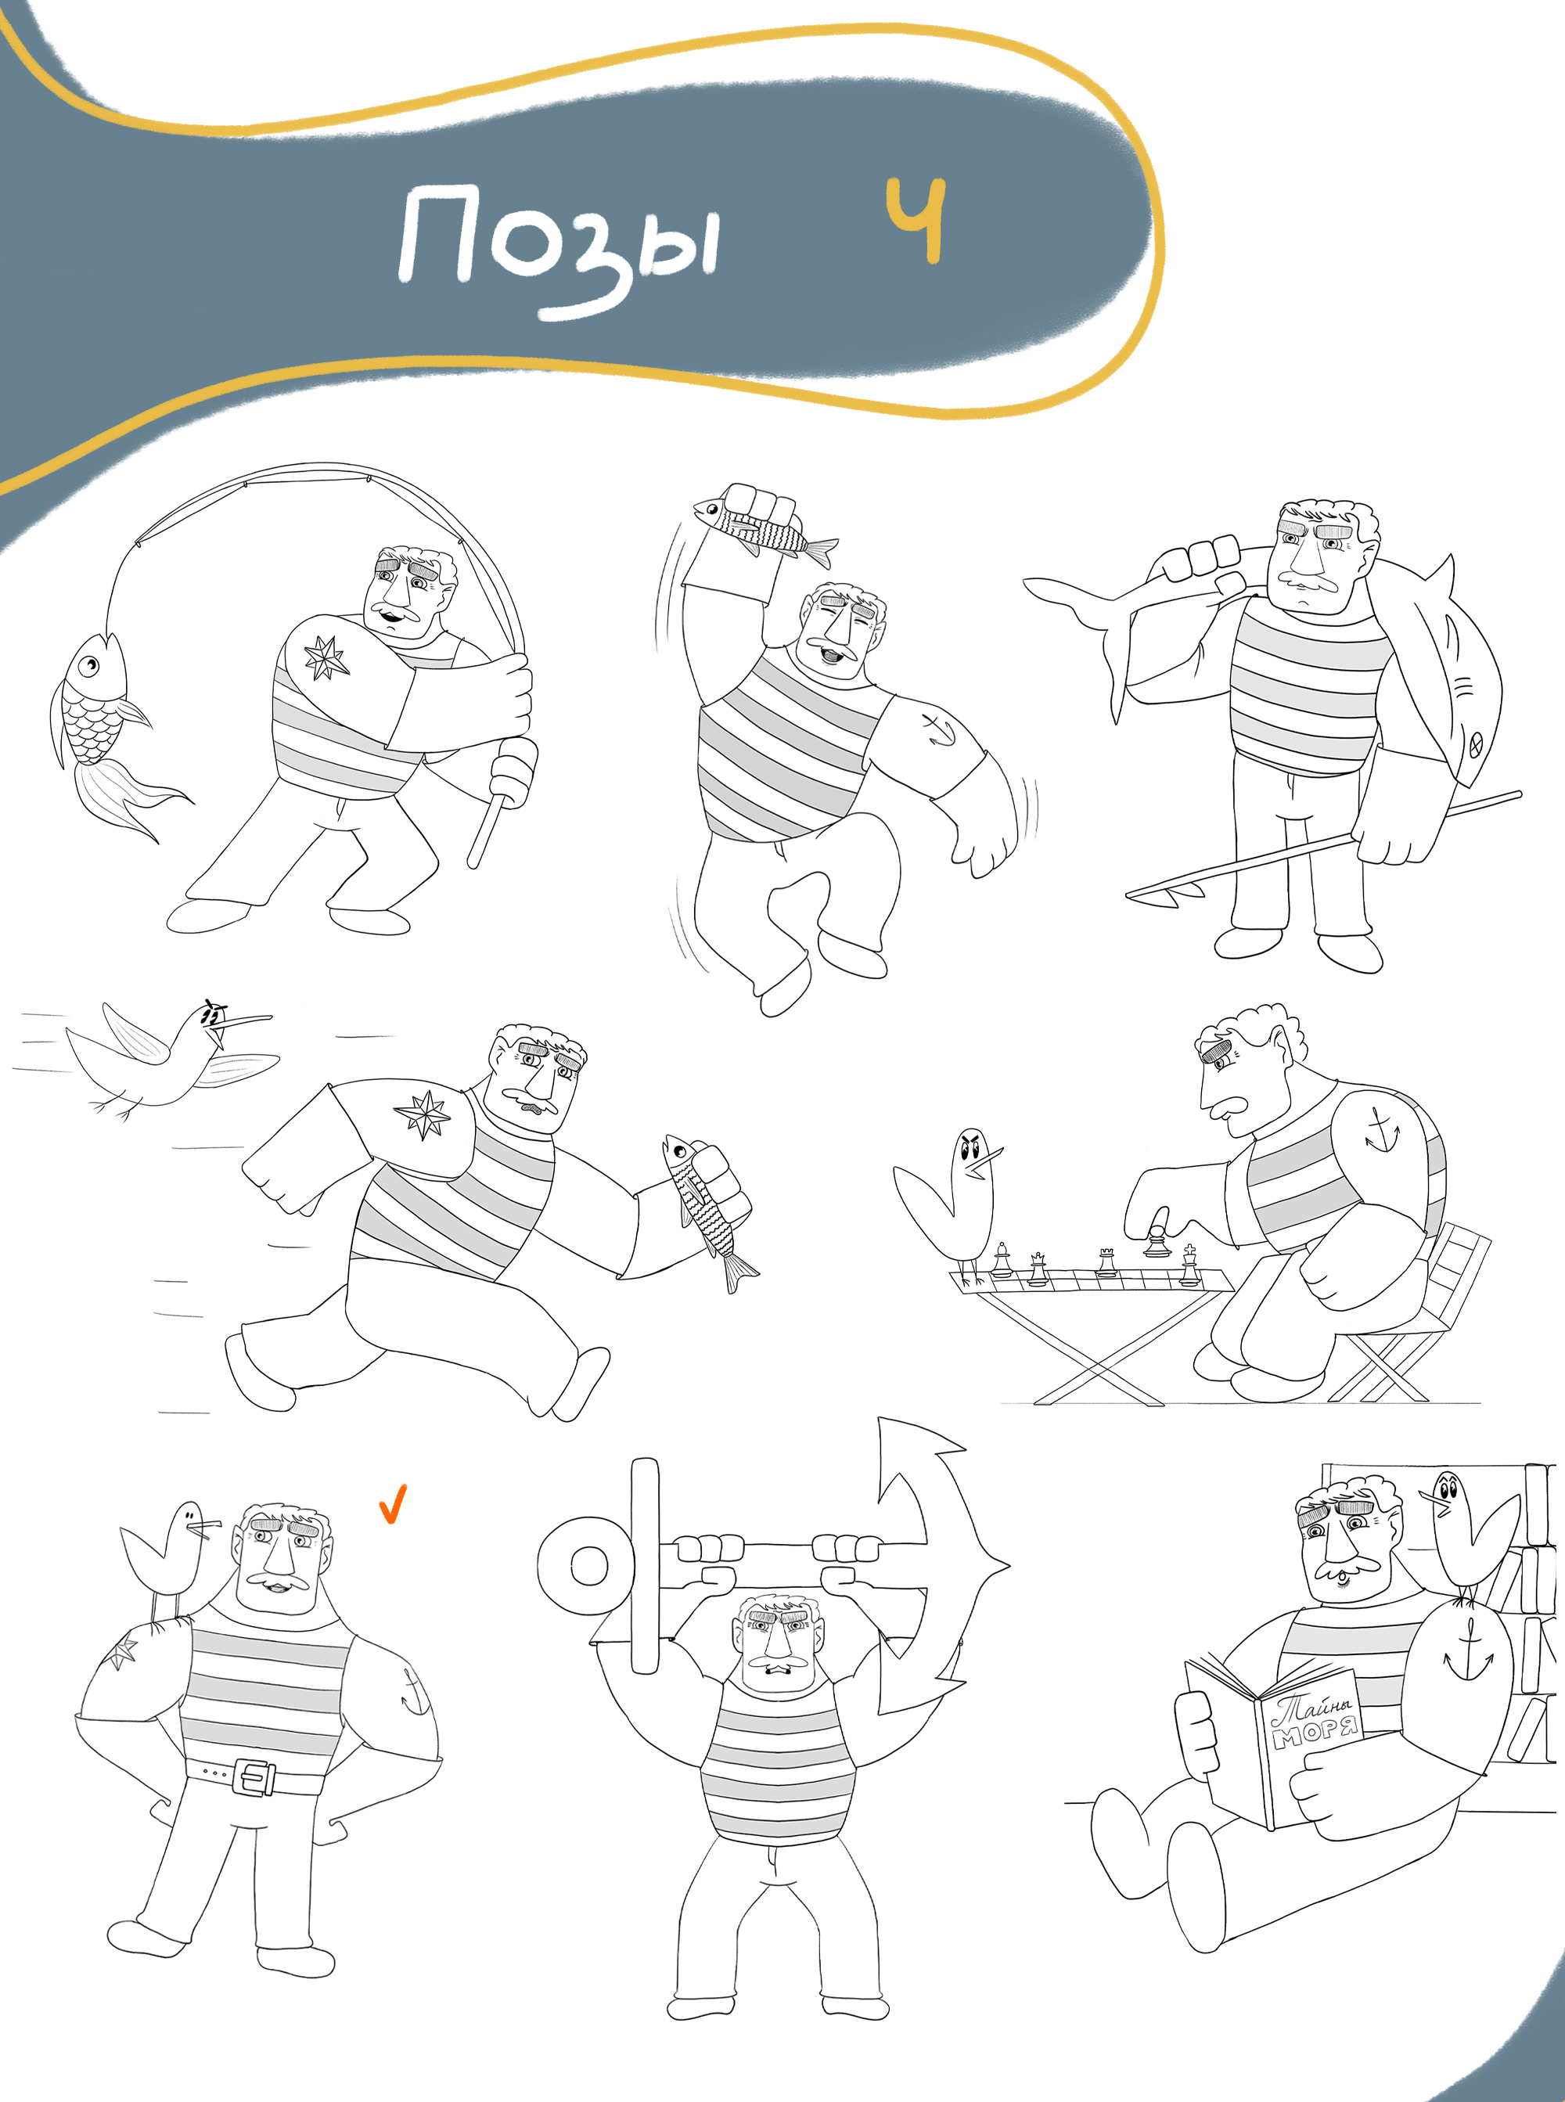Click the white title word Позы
(x=559, y=247)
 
